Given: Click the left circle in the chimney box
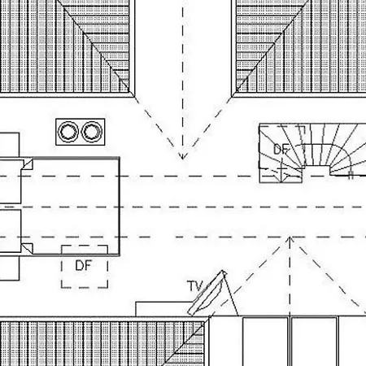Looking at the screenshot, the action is coord(68,132).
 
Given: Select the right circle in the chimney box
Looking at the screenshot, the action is coord(92,132).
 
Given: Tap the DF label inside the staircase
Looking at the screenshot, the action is coord(281,150).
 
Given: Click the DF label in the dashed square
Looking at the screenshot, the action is coord(83,265).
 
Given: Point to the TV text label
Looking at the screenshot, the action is coord(195,285).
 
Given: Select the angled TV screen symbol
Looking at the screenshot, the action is coord(207,293).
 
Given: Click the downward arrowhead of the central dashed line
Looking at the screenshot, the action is coord(182,156).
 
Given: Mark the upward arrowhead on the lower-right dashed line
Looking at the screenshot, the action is coord(290,240).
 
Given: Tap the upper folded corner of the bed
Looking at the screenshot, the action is coord(28,164).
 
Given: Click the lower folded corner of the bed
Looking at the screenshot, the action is coord(28,248).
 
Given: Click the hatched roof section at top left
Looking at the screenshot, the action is coord(64,46).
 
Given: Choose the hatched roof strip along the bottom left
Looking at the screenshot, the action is coord(102,343).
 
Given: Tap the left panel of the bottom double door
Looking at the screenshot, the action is coord(265,342).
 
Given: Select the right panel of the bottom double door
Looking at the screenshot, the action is coord(314,342).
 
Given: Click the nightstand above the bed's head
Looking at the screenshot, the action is coord(10,145).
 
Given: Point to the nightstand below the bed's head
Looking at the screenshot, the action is coord(10,268).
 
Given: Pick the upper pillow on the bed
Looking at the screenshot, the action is coord(11,181).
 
